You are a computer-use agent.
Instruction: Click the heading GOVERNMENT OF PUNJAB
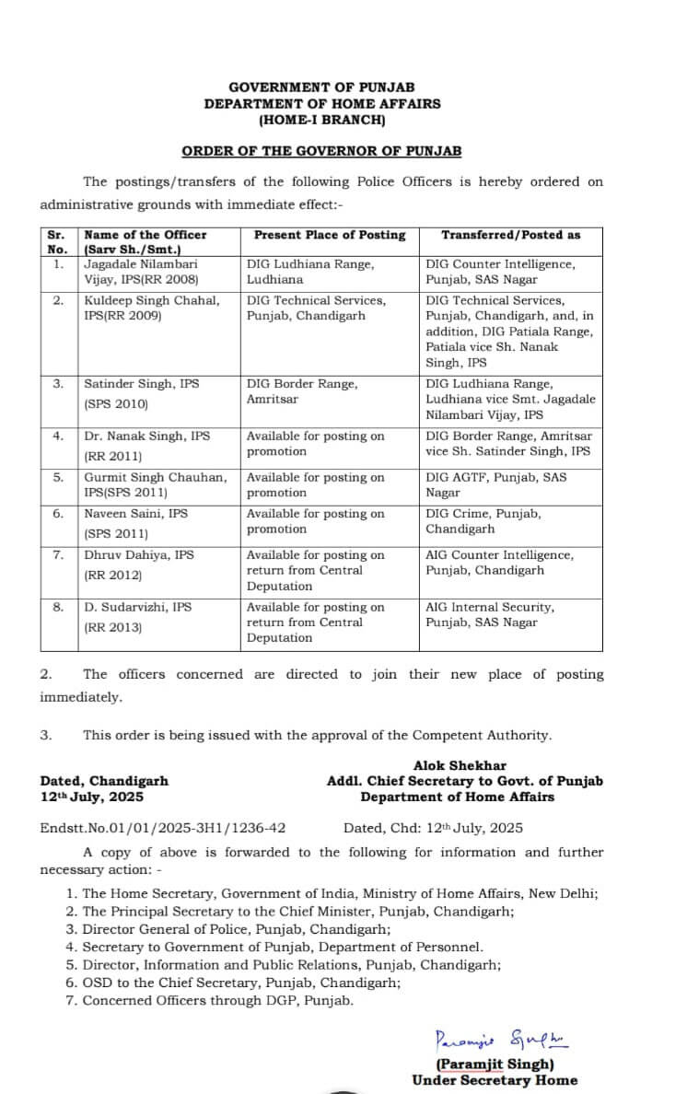click(x=321, y=87)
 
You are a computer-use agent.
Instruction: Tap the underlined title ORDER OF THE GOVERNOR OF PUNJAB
click(x=321, y=151)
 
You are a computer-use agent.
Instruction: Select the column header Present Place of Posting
click(x=330, y=235)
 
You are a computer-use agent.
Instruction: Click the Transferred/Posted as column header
click(x=510, y=235)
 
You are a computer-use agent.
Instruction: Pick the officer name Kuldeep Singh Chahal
click(x=152, y=300)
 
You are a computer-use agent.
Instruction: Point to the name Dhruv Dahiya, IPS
click(x=138, y=555)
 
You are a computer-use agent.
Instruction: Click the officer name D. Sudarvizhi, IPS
click(x=138, y=608)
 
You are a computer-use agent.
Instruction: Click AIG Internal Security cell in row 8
click(x=490, y=615)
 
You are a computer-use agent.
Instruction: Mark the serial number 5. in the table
click(x=58, y=477)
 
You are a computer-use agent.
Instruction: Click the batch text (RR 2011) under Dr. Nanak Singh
click(x=113, y=456)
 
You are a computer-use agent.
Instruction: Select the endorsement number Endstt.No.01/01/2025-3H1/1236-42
click(x=162, y=828)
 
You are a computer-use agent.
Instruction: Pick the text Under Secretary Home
click(x=495, y=1080)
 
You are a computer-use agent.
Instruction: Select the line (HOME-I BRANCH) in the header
click(x=321, y=119)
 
